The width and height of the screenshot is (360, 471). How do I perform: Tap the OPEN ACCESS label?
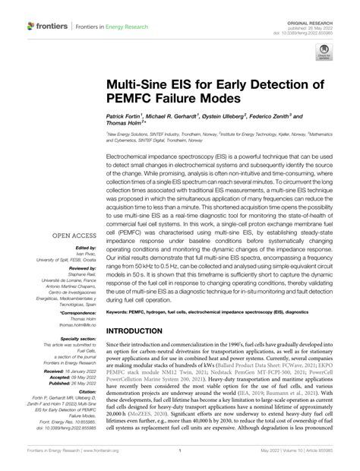pyautogui.click(x=73, y=235)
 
